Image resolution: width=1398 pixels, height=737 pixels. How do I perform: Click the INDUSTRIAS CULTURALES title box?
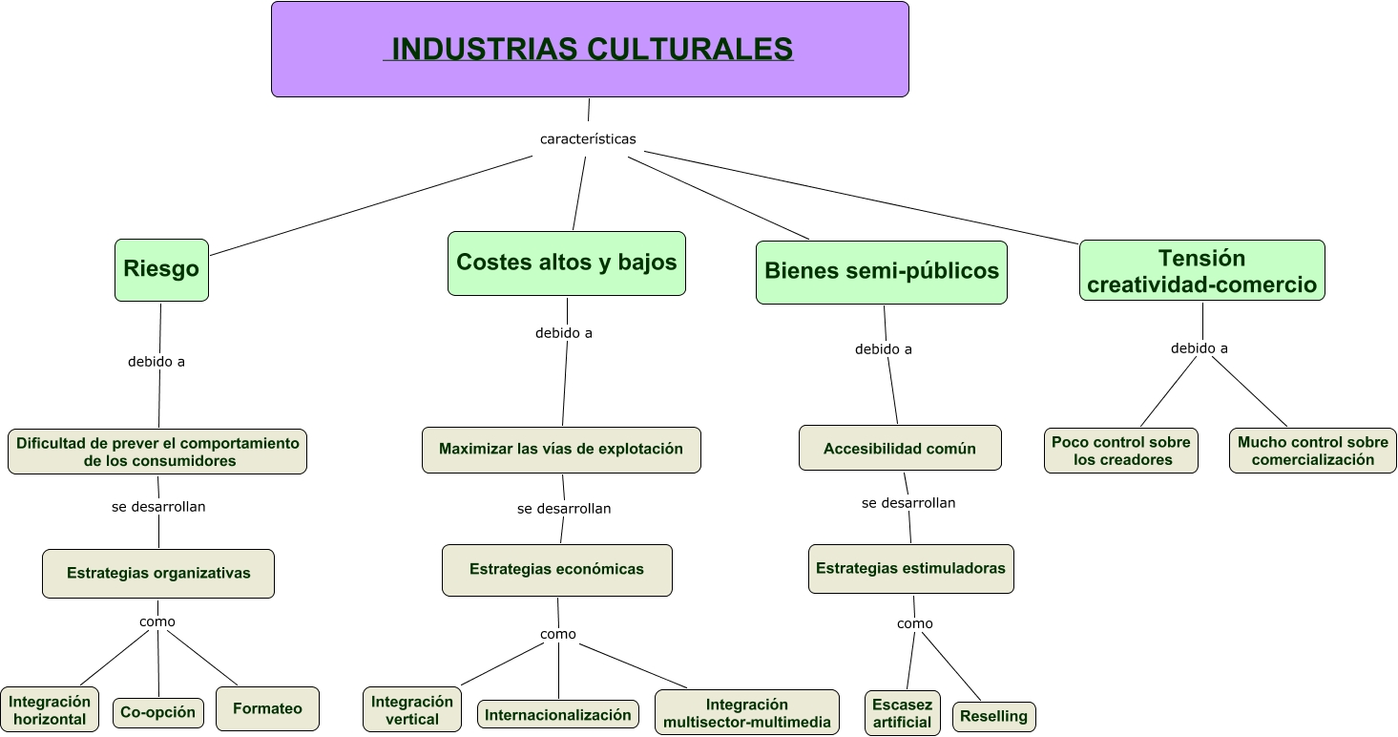pos(590,49)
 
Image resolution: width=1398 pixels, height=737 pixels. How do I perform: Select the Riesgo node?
pos(161,269)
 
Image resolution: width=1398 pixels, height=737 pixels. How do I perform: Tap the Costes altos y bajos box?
pos(567,263)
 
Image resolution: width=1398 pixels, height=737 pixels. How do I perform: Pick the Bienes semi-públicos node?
pos(881,272)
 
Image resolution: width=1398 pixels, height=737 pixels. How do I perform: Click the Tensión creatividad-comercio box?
pos(1201,270)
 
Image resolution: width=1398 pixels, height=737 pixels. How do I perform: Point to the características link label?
pos(588,139)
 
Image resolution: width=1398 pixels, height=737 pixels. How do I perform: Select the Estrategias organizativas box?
pos(158,574)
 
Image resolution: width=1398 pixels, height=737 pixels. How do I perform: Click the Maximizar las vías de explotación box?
pos(561,450)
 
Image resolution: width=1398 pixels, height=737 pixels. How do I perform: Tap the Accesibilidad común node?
pos(900,449)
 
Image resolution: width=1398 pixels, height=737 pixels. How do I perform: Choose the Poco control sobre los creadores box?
pos(1120,451)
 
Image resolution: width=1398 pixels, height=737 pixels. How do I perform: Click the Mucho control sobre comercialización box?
pos(1312,451)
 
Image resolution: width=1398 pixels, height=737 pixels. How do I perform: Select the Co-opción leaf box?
pos(158,712)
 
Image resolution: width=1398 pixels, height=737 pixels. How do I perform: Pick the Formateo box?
pos(267,709)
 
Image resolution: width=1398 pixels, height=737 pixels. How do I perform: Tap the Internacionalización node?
pos(558,714)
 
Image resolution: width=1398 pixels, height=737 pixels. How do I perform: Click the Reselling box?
pos(993,717)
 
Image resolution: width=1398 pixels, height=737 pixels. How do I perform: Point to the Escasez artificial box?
pos(902,713)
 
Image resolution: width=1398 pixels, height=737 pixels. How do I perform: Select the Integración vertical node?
pos(412,710)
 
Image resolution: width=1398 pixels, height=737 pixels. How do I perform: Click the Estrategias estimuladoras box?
pos(910,569)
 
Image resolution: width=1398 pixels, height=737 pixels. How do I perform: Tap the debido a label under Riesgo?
pos(156,363)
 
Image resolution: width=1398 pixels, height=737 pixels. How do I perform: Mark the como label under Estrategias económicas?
pos(558,635)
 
